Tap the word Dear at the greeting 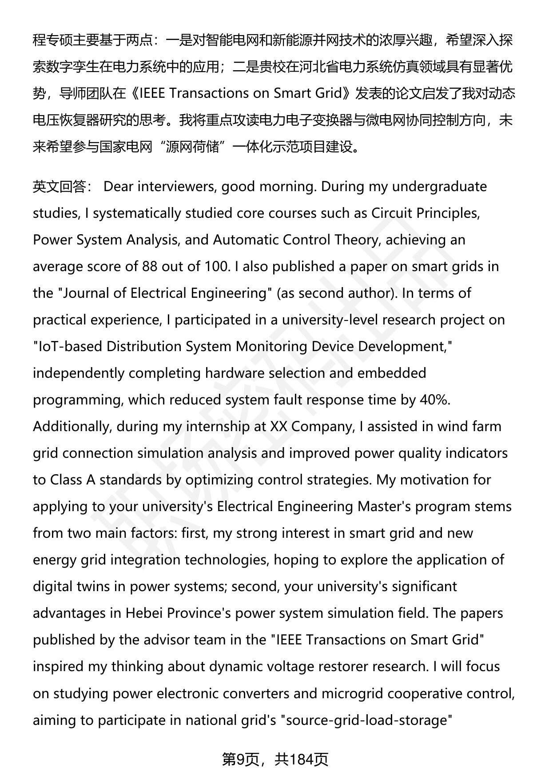tap(118, 187)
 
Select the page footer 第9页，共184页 tap(275, 760)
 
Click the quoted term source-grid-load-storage tap(367, 720)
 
